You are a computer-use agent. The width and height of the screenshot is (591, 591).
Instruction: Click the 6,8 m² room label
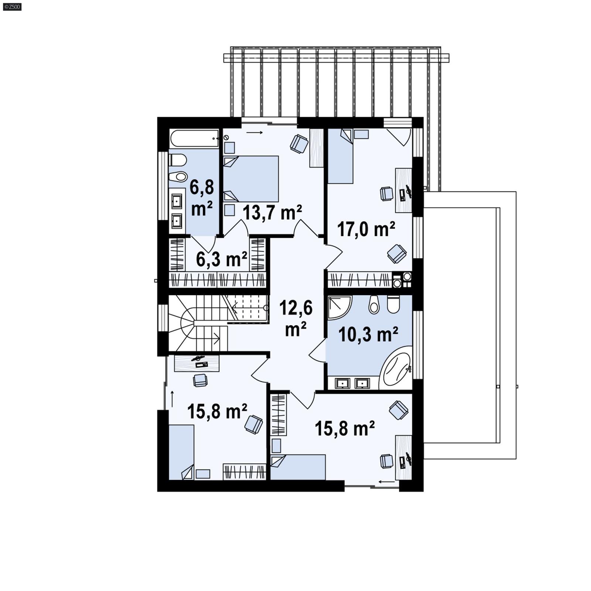[202, 198]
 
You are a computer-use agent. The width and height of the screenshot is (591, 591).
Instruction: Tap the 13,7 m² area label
[272, 212]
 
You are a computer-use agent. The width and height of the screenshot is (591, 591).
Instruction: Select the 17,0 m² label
[366, 229]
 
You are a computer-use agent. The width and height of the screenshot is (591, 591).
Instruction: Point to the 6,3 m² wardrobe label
[221, 259]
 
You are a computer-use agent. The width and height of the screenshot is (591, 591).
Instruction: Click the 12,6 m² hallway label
[295, 318]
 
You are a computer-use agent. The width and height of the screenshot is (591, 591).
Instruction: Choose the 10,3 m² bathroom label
[368, 335]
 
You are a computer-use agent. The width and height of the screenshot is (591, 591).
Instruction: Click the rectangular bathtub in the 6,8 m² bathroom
[194, 139]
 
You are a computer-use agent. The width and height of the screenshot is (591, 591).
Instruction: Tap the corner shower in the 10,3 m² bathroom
[338, 307]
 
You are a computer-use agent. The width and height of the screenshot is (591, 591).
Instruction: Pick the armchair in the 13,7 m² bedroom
[299, 143]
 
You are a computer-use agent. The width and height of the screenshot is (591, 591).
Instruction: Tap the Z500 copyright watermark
[12, 6]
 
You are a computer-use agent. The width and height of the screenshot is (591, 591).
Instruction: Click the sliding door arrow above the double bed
[254, 132]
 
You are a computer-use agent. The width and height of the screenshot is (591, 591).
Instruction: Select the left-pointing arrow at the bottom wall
[386, 482]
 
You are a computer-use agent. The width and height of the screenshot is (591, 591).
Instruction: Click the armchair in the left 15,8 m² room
[254, 424]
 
